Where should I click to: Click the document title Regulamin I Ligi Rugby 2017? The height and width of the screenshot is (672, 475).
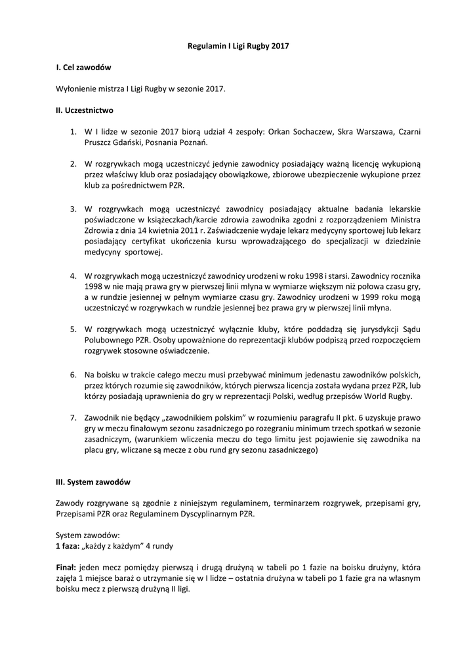(x=238, y=46)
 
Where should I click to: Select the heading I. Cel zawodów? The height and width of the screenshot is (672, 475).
(x=84, y=67)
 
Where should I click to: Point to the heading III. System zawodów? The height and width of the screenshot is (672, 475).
(x=93, y=482)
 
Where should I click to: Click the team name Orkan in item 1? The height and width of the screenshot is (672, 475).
(x=280, y=131)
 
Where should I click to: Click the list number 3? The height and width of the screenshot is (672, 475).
(x=73, y=209)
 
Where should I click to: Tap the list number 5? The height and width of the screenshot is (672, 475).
(x=73, y=329)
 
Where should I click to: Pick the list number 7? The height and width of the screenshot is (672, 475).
(x=73, y=417)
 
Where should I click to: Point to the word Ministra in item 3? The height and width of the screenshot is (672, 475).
(x=405, y=219)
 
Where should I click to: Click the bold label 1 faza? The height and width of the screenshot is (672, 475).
(x=68, y=546)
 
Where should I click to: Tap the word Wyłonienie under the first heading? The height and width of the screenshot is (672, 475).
(x=75, y=88)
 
